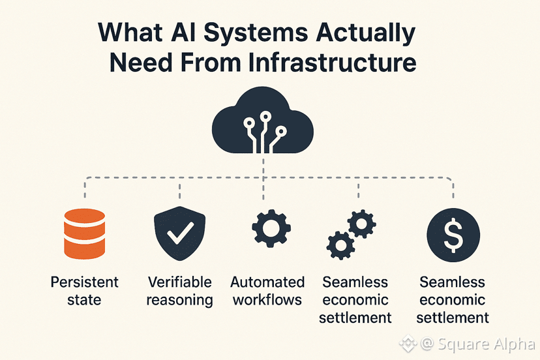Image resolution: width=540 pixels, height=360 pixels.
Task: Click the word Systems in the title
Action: point(256,34)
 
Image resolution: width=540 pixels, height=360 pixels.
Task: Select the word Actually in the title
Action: point(366,34)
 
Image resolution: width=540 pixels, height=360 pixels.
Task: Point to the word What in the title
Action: point(130,33)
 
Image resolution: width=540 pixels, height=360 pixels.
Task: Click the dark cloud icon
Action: point(263,120)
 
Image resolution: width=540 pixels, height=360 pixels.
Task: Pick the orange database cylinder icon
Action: point(84,233)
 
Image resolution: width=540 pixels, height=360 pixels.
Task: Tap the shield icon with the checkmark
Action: point(179,233)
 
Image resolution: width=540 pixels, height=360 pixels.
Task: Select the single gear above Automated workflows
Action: point(271,228)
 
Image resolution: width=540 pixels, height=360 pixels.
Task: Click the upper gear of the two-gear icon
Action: point(361,224)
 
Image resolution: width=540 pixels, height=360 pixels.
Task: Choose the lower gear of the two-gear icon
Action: point(340,245)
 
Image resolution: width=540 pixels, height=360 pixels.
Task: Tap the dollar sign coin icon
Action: point(453,235)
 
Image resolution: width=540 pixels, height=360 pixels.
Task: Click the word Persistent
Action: point(84,282)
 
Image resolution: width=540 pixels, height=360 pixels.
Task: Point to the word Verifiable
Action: point(180,282)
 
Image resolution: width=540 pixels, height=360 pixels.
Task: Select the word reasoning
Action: point(180,301)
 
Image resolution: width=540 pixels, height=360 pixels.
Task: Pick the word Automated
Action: point(267,282)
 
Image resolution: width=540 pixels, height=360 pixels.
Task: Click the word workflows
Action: point(267,300)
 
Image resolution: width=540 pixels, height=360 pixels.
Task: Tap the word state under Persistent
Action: point(84,300)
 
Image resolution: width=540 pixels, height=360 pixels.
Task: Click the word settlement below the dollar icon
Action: point(453,318)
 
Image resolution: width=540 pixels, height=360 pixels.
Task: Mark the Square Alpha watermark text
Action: point(487,344)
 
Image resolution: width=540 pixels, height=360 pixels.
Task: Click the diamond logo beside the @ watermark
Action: point(408,344)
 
